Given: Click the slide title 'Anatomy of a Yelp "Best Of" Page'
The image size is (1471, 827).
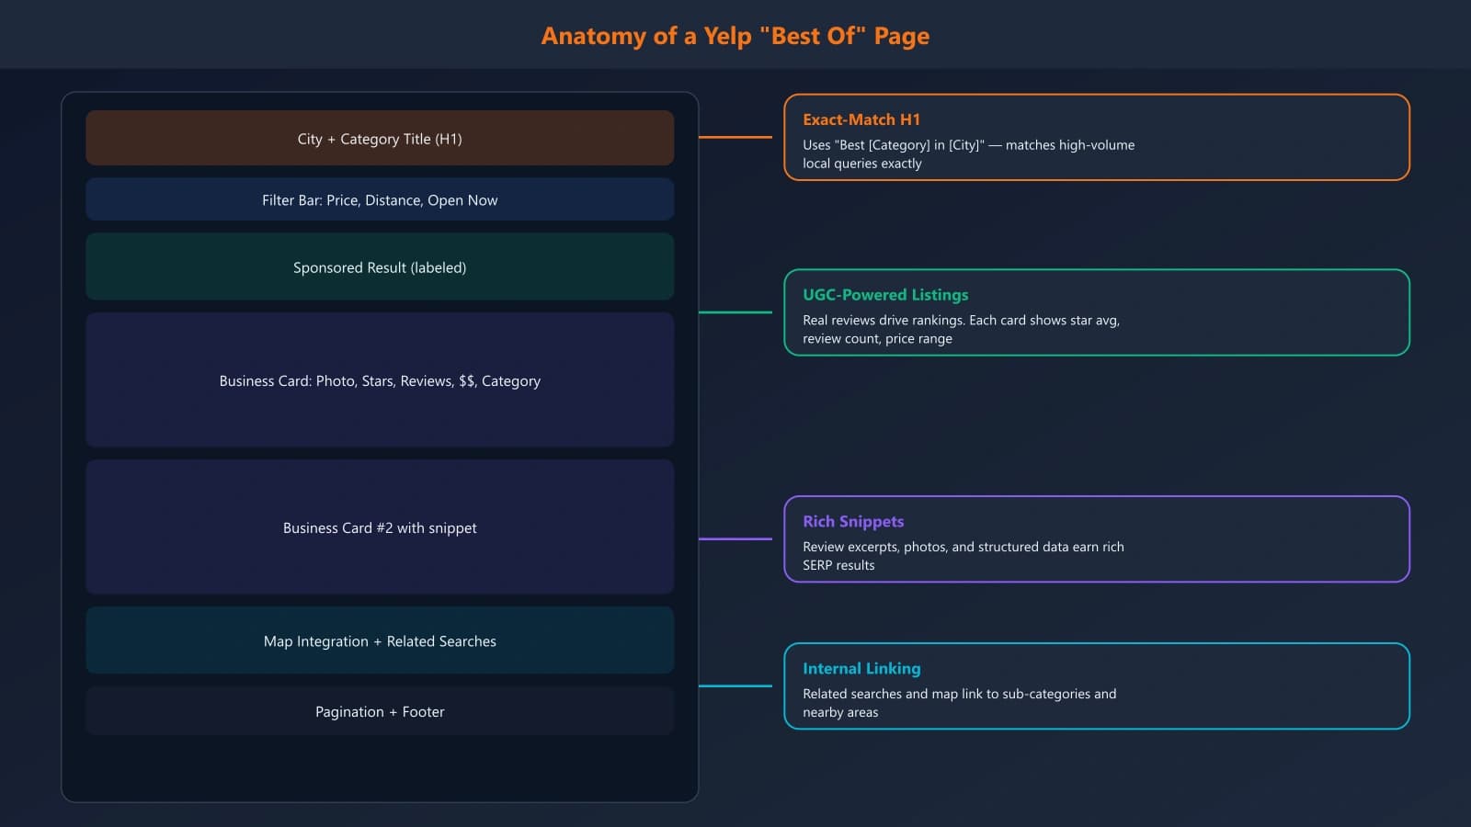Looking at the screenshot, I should click(735, 36).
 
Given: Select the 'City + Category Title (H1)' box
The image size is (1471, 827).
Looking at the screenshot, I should click(380, 139).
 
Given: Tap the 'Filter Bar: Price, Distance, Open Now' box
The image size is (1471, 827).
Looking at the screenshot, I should click(380, 200).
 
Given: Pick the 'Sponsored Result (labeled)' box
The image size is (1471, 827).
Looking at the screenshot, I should click(380, 267).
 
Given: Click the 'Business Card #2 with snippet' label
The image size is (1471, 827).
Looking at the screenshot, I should click(380, 528).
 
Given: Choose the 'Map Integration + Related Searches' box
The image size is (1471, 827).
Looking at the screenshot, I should click(380, 641).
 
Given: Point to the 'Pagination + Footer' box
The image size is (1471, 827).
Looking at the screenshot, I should click(380, 712).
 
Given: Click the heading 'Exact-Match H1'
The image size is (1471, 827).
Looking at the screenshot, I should click(861, 119).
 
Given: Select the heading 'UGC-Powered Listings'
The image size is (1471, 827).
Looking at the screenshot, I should click(885, 295).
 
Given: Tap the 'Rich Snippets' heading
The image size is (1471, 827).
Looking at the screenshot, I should click(853, 522).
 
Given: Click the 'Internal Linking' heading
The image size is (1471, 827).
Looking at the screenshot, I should click(861, 669).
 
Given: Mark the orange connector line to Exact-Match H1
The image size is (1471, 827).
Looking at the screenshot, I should click(735, 137).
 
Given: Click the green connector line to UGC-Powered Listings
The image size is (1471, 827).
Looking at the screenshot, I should click(735, 312).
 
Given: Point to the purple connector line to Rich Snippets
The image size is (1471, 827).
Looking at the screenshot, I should click(735, 538).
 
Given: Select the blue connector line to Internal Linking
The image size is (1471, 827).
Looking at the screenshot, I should click(735, 685).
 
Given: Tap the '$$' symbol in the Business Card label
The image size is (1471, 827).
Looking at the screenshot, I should click(466, 381).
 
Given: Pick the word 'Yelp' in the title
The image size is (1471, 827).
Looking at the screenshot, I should click(728, 36).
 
